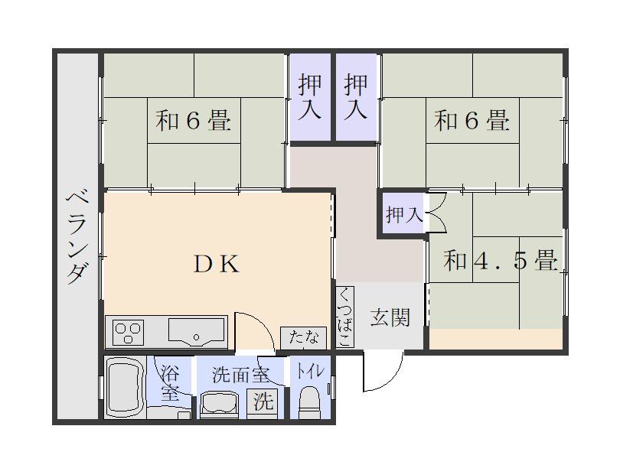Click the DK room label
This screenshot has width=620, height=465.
point(217,264)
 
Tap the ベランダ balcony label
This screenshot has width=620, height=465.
point(77,236)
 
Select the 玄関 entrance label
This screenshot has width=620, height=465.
point(390,317)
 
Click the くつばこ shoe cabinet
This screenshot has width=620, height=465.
point(344,317)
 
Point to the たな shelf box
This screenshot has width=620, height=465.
point(304,338)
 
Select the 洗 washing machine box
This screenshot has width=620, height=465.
point(263,402)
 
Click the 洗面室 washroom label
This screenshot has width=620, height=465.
point(240,375)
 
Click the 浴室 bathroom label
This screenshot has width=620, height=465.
point(170,383)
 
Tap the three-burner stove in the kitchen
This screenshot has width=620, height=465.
point(127,332)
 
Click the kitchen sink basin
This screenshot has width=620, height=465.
point(196,331)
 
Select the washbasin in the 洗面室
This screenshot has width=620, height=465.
point(219,405)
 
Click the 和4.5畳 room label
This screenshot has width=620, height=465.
point(500,260)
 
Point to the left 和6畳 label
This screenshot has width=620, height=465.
point(193,121)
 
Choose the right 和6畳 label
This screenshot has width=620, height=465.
point(472,120)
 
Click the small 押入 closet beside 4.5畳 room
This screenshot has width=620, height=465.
point(403,214)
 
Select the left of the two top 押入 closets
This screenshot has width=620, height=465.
point(310,97)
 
